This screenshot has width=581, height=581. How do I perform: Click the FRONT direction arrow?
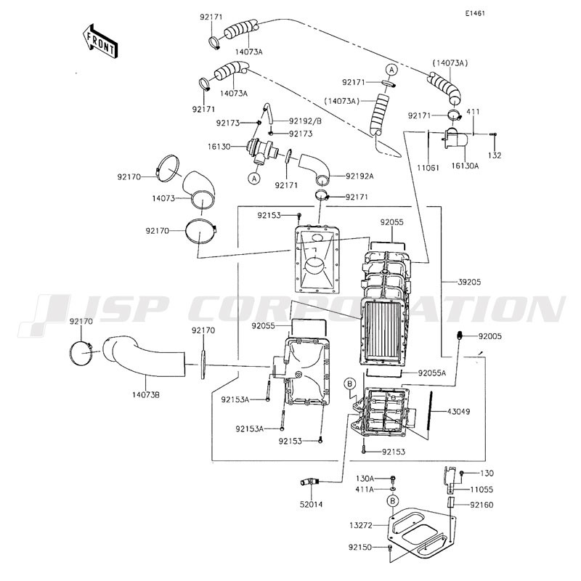[x=99, y=41]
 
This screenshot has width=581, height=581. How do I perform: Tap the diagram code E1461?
[x=475, y=14]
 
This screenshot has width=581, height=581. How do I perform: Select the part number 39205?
[x=469, y=282]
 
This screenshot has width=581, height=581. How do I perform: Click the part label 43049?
[x=458, y=411]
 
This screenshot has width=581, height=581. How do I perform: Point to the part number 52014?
[x=312, y=504]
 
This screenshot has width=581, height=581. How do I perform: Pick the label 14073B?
[x=146, y=395]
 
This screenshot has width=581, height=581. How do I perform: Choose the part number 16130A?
[x=465, y=166]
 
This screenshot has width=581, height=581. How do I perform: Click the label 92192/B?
[x=305, y=121]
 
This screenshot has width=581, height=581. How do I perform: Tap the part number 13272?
[x=361, y=525]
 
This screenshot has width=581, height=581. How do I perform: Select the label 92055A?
[x=432, y=373]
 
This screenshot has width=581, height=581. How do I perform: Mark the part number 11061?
[x=428, y=168]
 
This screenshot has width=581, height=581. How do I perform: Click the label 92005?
[x=489, y=336]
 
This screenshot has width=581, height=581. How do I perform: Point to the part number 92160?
[x=482, y=505]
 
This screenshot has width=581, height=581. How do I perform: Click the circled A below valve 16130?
[x=254, y=179]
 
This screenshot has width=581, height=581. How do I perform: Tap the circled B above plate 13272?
[x=393, y=501]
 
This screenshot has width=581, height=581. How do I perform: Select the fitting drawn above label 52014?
[x=309, y=482]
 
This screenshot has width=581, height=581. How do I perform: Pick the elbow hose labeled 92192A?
[x=316, y=167]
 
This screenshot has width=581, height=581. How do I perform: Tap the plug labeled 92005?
[x=460, y=336]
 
